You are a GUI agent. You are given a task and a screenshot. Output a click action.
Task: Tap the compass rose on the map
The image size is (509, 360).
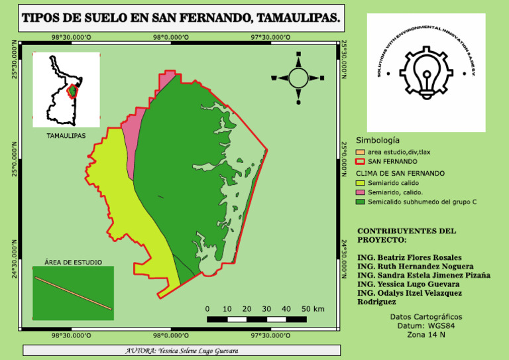298,79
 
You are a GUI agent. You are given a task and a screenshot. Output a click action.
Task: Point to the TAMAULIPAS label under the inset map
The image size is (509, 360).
66,136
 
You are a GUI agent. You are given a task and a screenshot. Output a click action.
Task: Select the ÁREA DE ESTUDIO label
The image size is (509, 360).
73,262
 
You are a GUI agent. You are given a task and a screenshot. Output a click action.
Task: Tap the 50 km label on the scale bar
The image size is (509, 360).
313,309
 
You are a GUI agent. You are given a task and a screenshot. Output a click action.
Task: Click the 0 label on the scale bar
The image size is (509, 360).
207,309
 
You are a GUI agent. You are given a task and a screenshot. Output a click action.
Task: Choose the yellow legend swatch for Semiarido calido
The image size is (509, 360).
361,182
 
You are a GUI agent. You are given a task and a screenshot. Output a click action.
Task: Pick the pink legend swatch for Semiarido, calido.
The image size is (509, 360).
361,192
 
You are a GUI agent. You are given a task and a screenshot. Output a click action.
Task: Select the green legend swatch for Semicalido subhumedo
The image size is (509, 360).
361,201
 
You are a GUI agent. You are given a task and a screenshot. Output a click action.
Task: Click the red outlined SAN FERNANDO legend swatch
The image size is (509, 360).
361,161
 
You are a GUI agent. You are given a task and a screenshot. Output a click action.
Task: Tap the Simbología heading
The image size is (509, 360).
378,141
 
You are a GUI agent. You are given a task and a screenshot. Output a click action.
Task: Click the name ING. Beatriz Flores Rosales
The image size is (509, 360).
409,257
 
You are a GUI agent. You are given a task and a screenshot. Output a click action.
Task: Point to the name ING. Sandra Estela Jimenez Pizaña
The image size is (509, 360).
424,275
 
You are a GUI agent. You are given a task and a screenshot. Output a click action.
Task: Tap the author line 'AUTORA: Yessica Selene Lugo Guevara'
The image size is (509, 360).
182,350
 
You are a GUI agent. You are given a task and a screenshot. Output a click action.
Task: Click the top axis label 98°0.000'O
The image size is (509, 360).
172,38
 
